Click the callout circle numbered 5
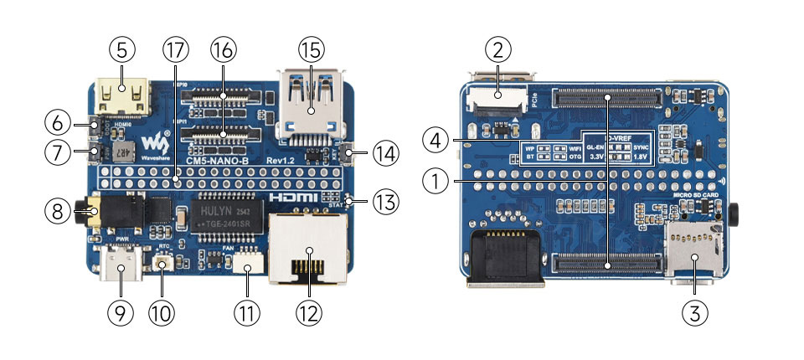pyautogui.click(x=121, y=49)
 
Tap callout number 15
pyautogui.click(x=310, y=49)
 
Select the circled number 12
pyautogui.click(x=309, y=313)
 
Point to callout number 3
pyautogui.click(x=696, y=313)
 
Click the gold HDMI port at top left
pyautogui.click(x=122, y=95)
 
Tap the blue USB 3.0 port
pyautogui.click(x=310, y=105)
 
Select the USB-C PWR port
pyautogui.click(x=122, y=269)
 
